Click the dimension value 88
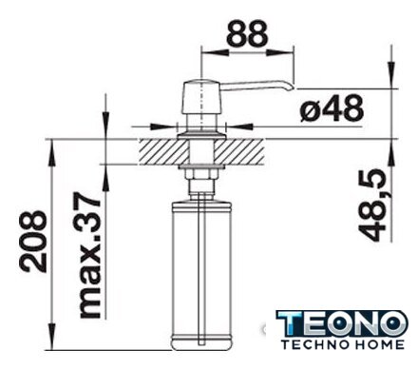248,32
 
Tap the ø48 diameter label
332,108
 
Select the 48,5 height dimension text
372,205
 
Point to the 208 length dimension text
33,242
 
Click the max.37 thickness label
90,255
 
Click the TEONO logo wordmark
342,323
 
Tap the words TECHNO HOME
343,344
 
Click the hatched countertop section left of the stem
163,152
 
